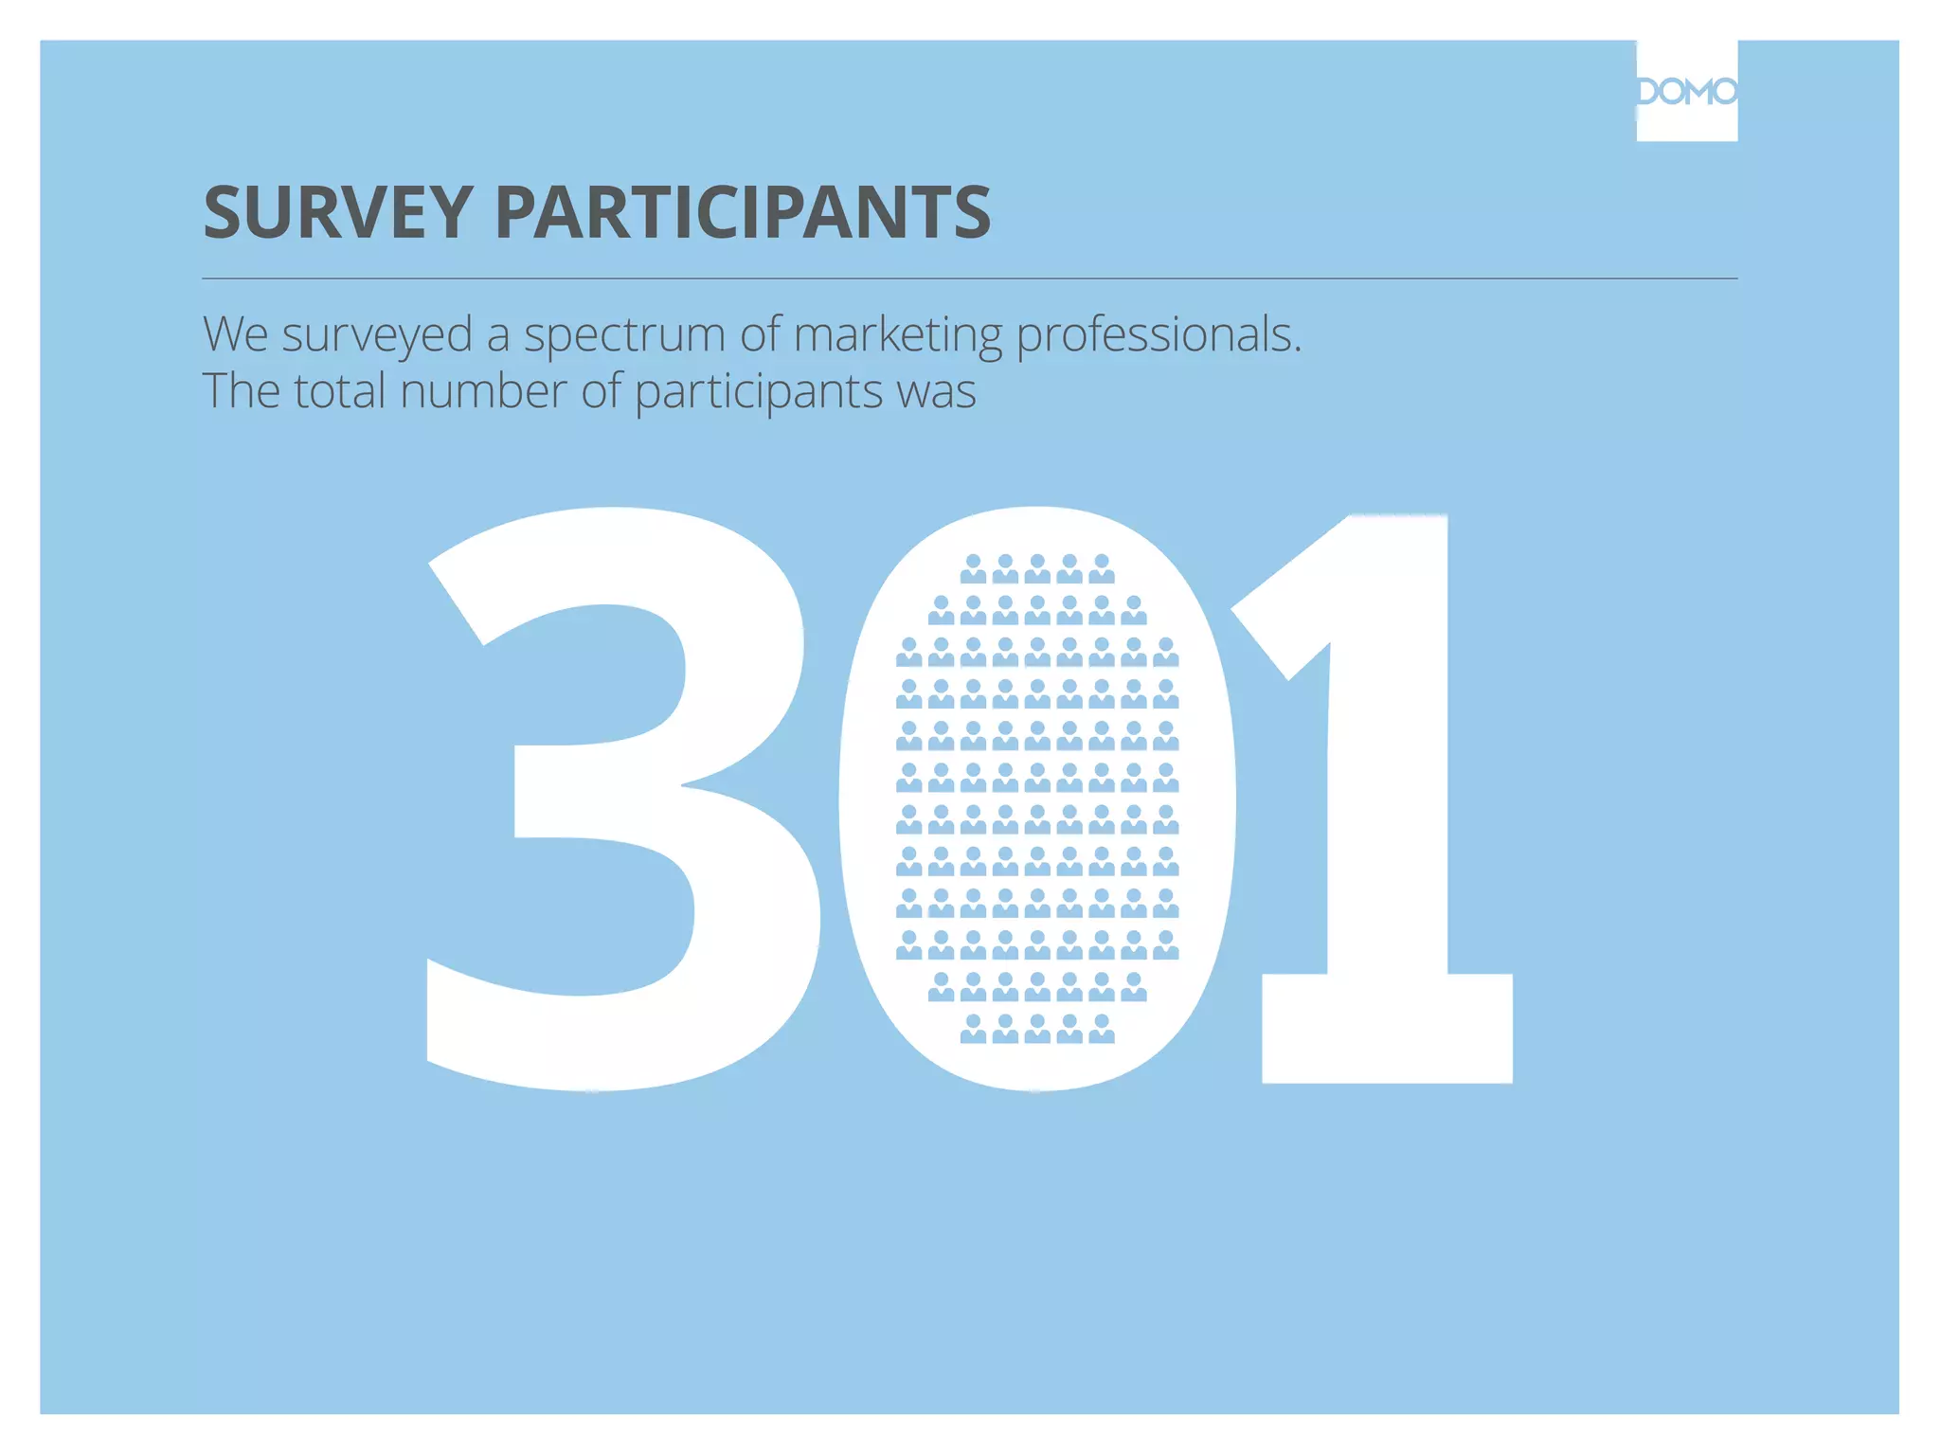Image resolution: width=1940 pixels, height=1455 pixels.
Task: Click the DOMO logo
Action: [x=1686, y=91]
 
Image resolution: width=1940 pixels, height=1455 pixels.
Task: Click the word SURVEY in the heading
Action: [x=337, y=211]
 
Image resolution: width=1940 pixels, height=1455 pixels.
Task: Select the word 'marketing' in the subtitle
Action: [x=897, y=335]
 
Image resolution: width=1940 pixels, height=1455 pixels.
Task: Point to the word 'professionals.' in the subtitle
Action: [x=1159, y=335]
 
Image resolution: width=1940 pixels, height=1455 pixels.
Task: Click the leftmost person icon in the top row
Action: [x=973, y=569]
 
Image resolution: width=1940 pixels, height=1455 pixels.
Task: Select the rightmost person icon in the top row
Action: [x=1102, y=569]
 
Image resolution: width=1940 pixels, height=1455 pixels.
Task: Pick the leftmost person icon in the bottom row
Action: [x=973, y=1029]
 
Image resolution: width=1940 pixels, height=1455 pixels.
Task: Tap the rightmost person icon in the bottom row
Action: [x=1102, y=1029]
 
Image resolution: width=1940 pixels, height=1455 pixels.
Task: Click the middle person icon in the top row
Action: [x=1037, y=569]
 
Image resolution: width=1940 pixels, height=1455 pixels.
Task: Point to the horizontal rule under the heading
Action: [x=970, y=278]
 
